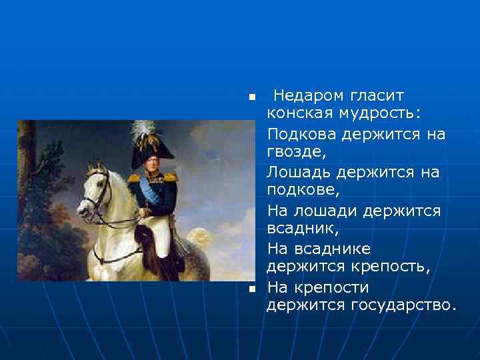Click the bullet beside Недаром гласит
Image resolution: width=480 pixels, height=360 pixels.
tap(251, 97)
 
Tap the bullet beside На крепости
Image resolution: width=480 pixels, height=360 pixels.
tap(251, 288)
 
